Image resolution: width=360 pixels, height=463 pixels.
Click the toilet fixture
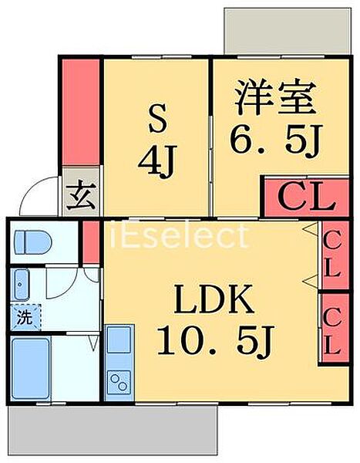click(33, 242)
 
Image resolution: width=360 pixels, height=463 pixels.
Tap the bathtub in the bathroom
click(30, 369)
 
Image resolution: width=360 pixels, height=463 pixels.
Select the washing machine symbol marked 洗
click(25, 317)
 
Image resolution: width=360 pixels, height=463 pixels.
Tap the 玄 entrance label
click(81, 196)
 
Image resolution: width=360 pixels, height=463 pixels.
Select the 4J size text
click(157, 162)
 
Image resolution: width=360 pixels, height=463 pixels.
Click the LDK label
click(214, 299)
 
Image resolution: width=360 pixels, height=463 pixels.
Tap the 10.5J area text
click(216, 340)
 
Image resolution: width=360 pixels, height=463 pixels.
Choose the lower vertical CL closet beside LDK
click(335, 329)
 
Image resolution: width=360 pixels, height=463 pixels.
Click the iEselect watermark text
click(178, 236)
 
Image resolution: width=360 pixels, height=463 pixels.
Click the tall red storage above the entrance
click(81, 112)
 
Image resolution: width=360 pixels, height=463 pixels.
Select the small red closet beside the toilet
click(91, 242)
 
